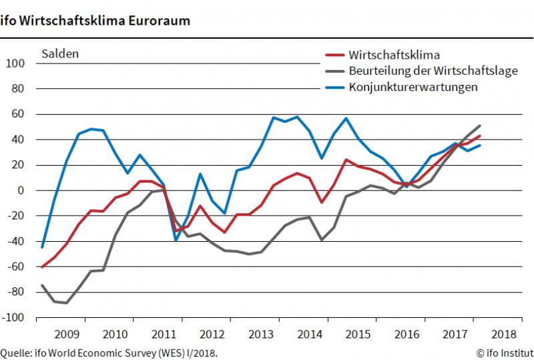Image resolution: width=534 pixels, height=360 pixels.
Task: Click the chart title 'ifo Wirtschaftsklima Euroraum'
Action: [95, 20]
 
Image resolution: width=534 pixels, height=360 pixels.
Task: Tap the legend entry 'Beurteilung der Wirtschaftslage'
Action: [425, 71]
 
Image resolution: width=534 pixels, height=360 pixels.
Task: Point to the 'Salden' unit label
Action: [60, 53]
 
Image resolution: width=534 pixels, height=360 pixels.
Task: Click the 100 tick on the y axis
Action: [15, 63]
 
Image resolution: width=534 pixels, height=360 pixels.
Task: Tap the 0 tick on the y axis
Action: [21, 190]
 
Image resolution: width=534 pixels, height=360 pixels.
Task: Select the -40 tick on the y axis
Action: [15, 241]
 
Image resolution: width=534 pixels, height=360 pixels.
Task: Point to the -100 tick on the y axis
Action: [13, 317]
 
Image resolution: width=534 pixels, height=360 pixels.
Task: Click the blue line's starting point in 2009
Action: [42, 247]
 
